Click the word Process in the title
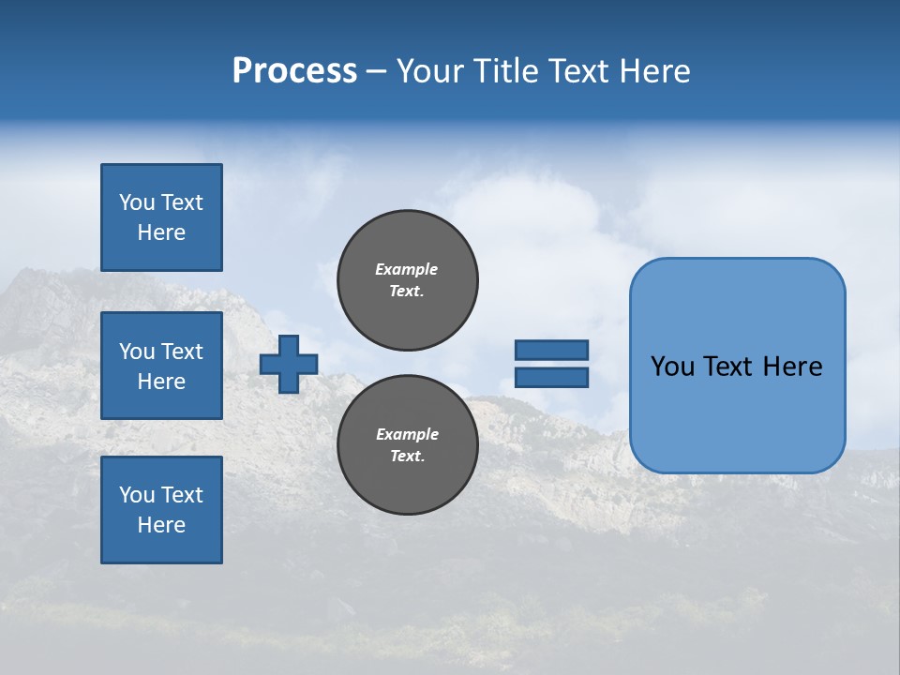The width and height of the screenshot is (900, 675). click(294, 71)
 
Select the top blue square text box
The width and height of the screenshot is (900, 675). click(161, 217)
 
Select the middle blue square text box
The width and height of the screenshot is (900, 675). click(161, 366)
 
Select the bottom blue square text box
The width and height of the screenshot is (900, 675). click(161, 509)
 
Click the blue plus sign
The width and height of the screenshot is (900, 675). click(289, 364)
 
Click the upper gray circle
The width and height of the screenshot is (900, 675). click(407, 279)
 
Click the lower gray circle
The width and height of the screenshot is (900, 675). click(407, 444)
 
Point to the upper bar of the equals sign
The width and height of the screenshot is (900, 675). click(551, 350)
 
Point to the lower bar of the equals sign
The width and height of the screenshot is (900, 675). click(551, 377)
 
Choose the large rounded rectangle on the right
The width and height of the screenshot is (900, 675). click(737, 366)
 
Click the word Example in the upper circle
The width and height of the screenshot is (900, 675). click(407, 269)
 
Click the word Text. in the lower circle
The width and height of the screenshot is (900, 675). click(407, 457)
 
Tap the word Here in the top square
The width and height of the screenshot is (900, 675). click(161, 232)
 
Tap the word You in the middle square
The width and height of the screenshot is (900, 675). click(137, 352)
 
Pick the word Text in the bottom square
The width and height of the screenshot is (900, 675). click(182, 495)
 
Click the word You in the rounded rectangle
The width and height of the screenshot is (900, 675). click(672, 367)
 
